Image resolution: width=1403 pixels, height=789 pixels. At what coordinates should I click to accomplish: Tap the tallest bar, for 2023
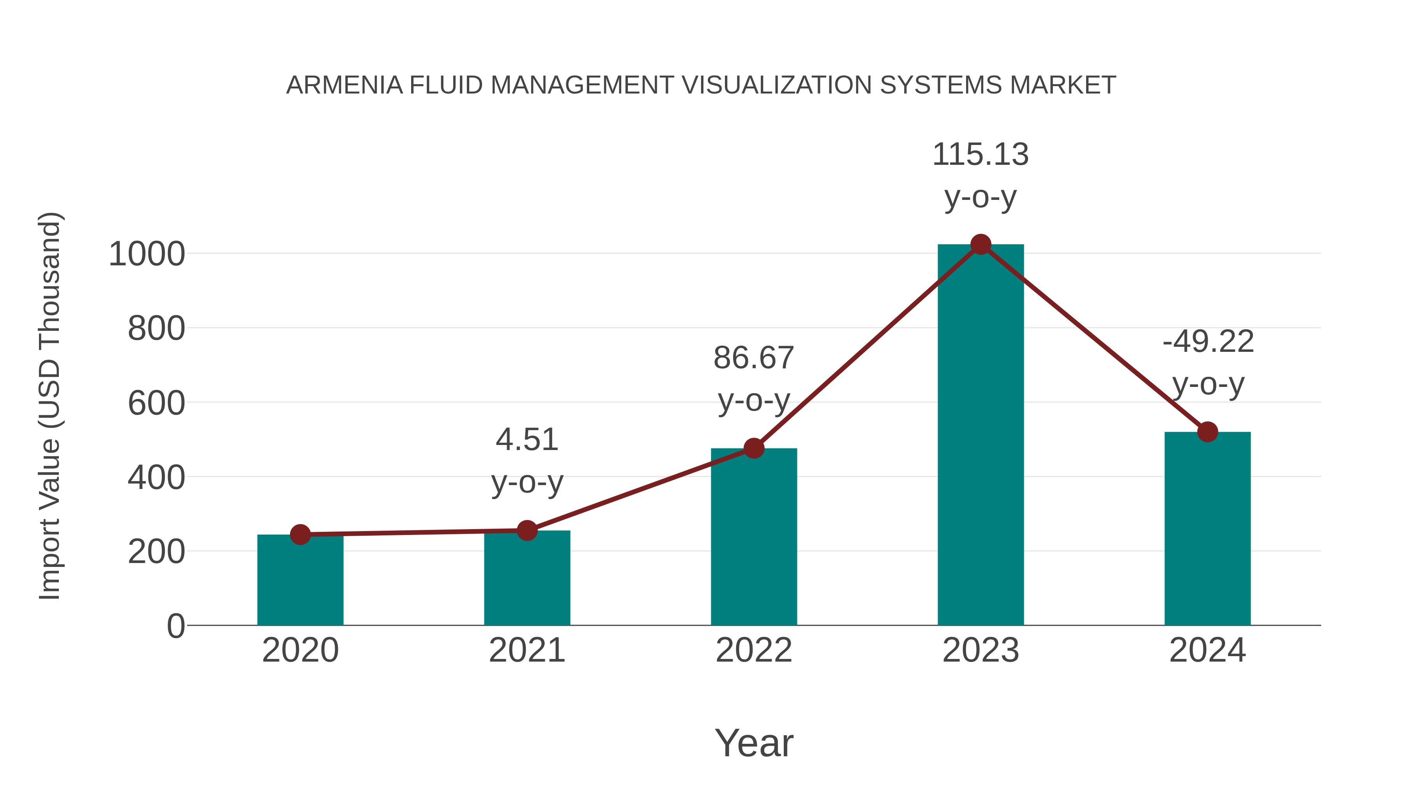pyautogui.click(x=981, y=436)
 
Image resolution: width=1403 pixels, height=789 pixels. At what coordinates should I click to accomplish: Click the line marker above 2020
pyautogui.click(x=300, y=535)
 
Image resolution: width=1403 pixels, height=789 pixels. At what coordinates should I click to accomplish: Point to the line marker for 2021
pyautogui.click(x=527, y=530)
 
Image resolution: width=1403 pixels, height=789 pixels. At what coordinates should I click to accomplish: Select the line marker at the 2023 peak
pyautogui.click(x=981, y=244)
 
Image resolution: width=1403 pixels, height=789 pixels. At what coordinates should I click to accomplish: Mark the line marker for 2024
pyautogui.click(x=1207, y=432)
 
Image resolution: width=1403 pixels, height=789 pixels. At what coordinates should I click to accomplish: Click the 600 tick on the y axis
pyautogui.click(x=156, y=404)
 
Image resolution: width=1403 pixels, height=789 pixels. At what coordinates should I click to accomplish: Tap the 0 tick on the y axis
pyautogui.click(x=175, y=626)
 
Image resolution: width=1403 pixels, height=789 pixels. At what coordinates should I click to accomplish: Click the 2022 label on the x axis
pyautogui.click(x=754, y=650)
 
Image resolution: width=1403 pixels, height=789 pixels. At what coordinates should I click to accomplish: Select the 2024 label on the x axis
pyautogui.click(x=1207, y=650)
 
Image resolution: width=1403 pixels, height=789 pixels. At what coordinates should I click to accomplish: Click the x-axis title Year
pyautogui.click(x=754, y=743)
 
